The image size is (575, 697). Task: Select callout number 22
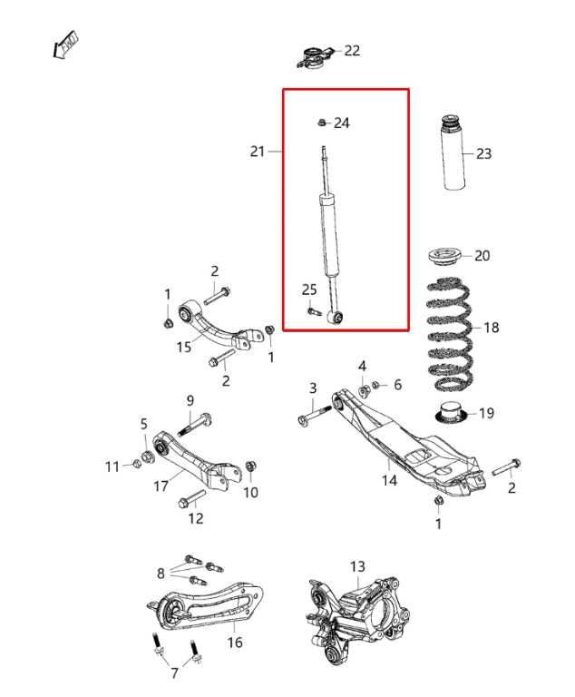click(352, 51)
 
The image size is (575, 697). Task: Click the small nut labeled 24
click(322, 122)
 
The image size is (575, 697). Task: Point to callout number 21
click(258, 152)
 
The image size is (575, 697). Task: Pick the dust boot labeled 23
click(454, 152)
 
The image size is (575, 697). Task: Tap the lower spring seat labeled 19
click(451, 412)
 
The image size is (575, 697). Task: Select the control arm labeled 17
click(192, 460)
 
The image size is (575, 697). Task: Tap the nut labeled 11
click(136, 466)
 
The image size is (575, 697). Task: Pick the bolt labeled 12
click(191, 498)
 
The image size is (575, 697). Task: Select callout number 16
click(234, 643)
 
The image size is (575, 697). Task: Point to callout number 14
click(389, 480)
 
